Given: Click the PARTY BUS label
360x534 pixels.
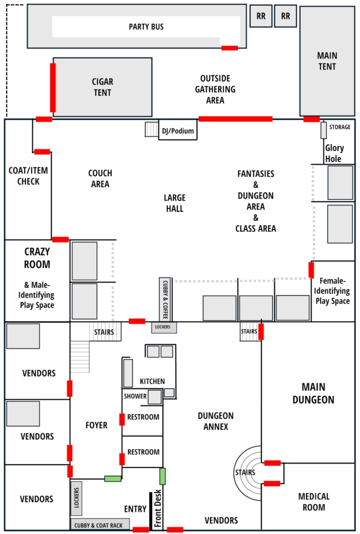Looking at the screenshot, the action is (146, 27).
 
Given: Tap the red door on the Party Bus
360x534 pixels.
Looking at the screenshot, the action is (229, 48).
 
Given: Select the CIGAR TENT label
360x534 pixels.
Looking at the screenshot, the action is (103, 87).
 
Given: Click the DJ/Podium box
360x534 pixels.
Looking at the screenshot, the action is (177, 130).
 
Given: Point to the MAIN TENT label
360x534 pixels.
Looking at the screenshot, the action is (327, 61).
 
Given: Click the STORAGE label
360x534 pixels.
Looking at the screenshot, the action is (340, 127).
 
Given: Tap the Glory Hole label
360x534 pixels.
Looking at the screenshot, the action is (334, 153).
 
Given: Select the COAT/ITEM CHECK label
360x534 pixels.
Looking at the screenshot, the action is (28, 176).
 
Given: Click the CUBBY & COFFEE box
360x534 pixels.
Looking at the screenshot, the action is (165, 299).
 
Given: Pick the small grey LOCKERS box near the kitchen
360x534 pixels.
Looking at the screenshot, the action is (164, 327).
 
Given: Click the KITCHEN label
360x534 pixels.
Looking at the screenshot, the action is (152, 381).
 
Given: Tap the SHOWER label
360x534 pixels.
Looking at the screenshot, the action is (135, 396).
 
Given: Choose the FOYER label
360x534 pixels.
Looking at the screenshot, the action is (96, 425).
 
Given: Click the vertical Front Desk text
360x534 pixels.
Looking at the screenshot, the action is (158, 508).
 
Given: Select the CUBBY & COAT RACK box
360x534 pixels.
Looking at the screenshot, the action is (100, 524).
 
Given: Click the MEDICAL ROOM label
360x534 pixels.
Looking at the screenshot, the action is (314, 502).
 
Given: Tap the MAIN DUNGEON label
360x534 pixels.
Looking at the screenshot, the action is (313, 394).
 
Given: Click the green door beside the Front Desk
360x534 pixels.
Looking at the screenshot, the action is (163, 476).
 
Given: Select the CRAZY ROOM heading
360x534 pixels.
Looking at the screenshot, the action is (37, 258).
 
